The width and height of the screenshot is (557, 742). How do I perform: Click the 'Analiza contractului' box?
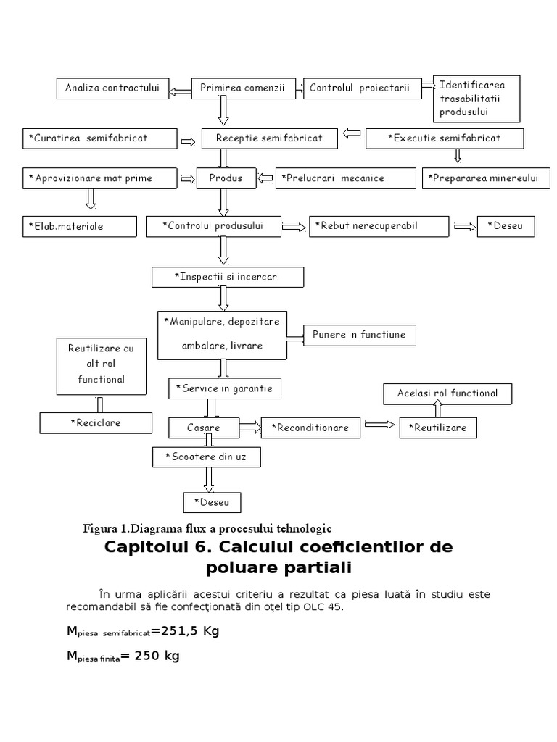click(112, 88)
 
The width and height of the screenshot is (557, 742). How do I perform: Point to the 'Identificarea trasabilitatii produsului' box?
click(476, 98)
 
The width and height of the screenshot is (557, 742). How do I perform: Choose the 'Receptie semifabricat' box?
click(268, 138)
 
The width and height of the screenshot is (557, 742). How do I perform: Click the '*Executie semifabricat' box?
click(443, 138)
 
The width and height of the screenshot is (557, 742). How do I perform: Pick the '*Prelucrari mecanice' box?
click(334, 178)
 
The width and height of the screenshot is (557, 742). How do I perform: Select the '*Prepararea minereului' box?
click(482, 178)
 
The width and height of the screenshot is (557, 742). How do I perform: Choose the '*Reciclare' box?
click(96, 422)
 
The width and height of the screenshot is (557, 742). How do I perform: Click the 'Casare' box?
click(204, 428)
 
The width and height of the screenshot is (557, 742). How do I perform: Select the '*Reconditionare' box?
click(310, 428)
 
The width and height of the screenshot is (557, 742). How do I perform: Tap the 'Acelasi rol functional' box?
click(447, 393)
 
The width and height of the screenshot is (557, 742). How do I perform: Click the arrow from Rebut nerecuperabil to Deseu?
click(465, 227)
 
